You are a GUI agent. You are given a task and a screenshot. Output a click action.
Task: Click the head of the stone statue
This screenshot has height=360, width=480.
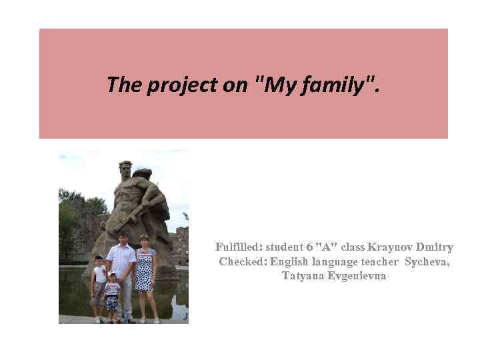125,168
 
